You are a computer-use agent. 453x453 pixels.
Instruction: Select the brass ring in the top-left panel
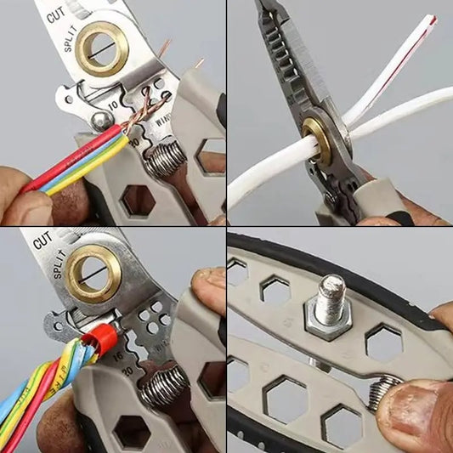pos(101,48)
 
